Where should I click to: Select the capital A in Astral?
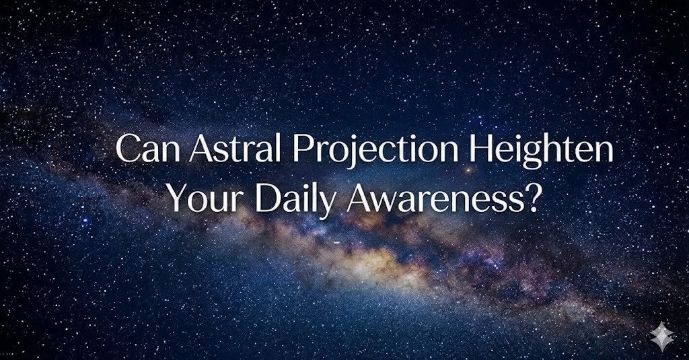(199, 149)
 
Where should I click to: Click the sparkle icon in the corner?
(662, 334)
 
